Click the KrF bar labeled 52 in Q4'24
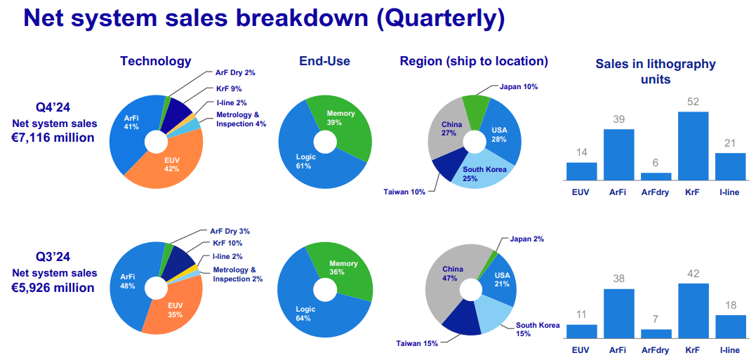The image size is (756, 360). pos(693,146)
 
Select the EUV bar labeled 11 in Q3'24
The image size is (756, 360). pos(581,331)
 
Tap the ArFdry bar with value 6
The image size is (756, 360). pos(656,177)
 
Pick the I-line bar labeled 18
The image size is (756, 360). pos(730,326)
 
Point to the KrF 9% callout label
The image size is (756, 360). pos(230,89)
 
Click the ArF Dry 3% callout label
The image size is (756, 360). pos(230,231)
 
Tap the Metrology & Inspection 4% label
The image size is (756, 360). pos(241,119)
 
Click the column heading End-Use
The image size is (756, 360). pos(324,61)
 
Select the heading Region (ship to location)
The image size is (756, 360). pos(474,61)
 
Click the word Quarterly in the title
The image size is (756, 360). pos(439,18)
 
